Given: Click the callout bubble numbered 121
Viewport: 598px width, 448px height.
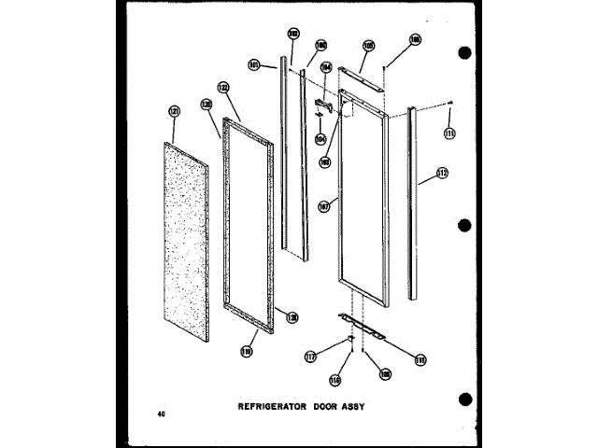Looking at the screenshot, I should tap(173, 111).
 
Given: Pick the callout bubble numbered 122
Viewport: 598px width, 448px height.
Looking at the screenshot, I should tap(223, 88).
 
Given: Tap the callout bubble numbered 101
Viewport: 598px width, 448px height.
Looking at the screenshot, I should tap(253, 65).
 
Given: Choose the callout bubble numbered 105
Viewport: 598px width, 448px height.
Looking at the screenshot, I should tap(368, 45).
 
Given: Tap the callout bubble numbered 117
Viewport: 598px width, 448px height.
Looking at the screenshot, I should tap(310, 355).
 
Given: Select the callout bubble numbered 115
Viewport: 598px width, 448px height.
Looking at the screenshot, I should tap(420, 358).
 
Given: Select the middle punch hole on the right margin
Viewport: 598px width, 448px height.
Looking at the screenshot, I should tap(465, 225).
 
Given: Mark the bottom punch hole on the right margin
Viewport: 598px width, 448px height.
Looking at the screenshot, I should tap(465, 399).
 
